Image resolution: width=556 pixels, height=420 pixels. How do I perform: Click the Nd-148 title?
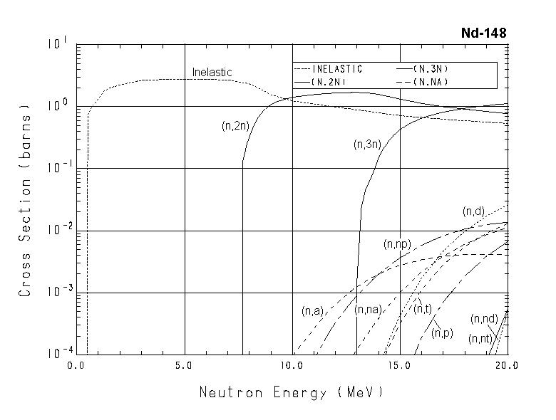tap(484, 33)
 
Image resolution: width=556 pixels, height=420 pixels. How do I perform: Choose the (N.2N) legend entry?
tap(328, 82)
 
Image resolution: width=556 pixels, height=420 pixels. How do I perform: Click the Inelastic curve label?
tap(212, 73)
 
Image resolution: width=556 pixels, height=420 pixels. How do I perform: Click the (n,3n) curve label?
tap(368, 145)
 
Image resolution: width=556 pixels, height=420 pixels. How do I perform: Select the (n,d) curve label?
tap(473, 211)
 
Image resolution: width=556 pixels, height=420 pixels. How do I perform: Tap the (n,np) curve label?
tap(396, 245)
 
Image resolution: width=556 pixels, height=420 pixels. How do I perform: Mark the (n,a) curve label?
tap(313, 311)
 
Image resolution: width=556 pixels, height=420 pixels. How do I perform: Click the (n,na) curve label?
tap(369, 310)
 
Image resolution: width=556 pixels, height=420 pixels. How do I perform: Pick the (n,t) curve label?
tap(423, 309)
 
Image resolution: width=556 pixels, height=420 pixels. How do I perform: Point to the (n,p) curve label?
tap(443, 332)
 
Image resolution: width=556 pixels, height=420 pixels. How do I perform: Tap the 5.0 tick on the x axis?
tap(184, 365)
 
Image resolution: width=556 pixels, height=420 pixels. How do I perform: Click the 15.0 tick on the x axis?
tap(400, 365)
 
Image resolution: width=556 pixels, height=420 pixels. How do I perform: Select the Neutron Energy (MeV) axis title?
tap(291, 392)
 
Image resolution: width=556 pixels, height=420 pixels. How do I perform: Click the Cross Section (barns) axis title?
tap(26, 200)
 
